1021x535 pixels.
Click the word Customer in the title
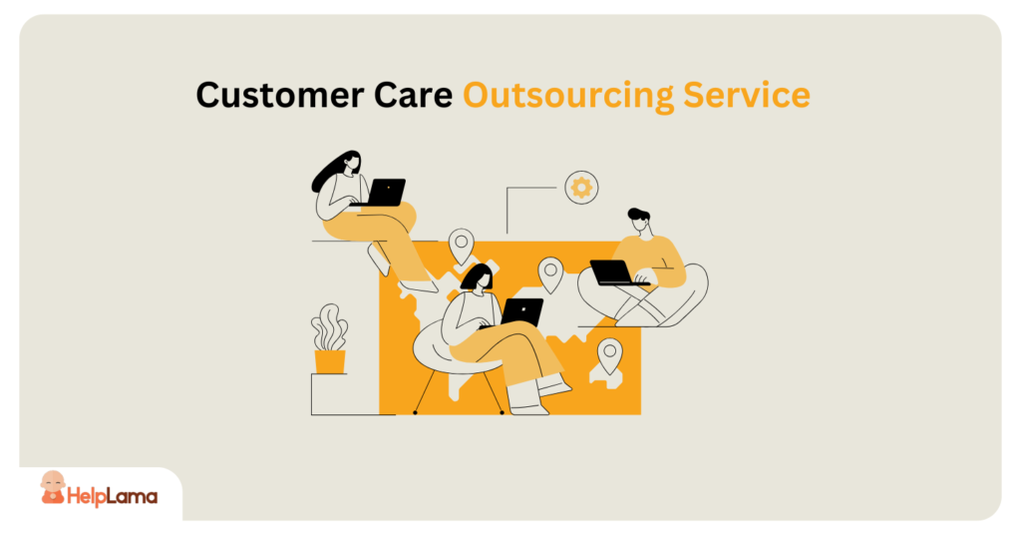coord(280,95)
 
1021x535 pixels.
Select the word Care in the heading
coord(413,95)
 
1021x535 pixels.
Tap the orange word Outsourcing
coord(568,96)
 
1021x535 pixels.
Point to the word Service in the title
coord(747,95)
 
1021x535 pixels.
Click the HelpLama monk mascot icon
coord(53,488)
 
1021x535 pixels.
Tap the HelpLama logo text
coord(112,497)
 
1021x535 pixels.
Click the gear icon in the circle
coord(581,188)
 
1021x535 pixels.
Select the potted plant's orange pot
coord(329,361)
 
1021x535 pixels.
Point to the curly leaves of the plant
coord(329,327)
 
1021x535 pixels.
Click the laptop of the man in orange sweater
coord(614,272)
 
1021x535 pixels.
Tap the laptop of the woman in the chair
coord(520,312)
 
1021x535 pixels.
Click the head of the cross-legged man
coord(639,221)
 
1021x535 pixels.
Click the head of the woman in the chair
coord(480,277)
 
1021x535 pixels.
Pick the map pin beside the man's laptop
coord(550,274)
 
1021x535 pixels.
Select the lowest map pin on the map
coord(609,355)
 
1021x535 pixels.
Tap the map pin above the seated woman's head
coord(461,246)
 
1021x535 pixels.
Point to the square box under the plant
coord(345,394)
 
